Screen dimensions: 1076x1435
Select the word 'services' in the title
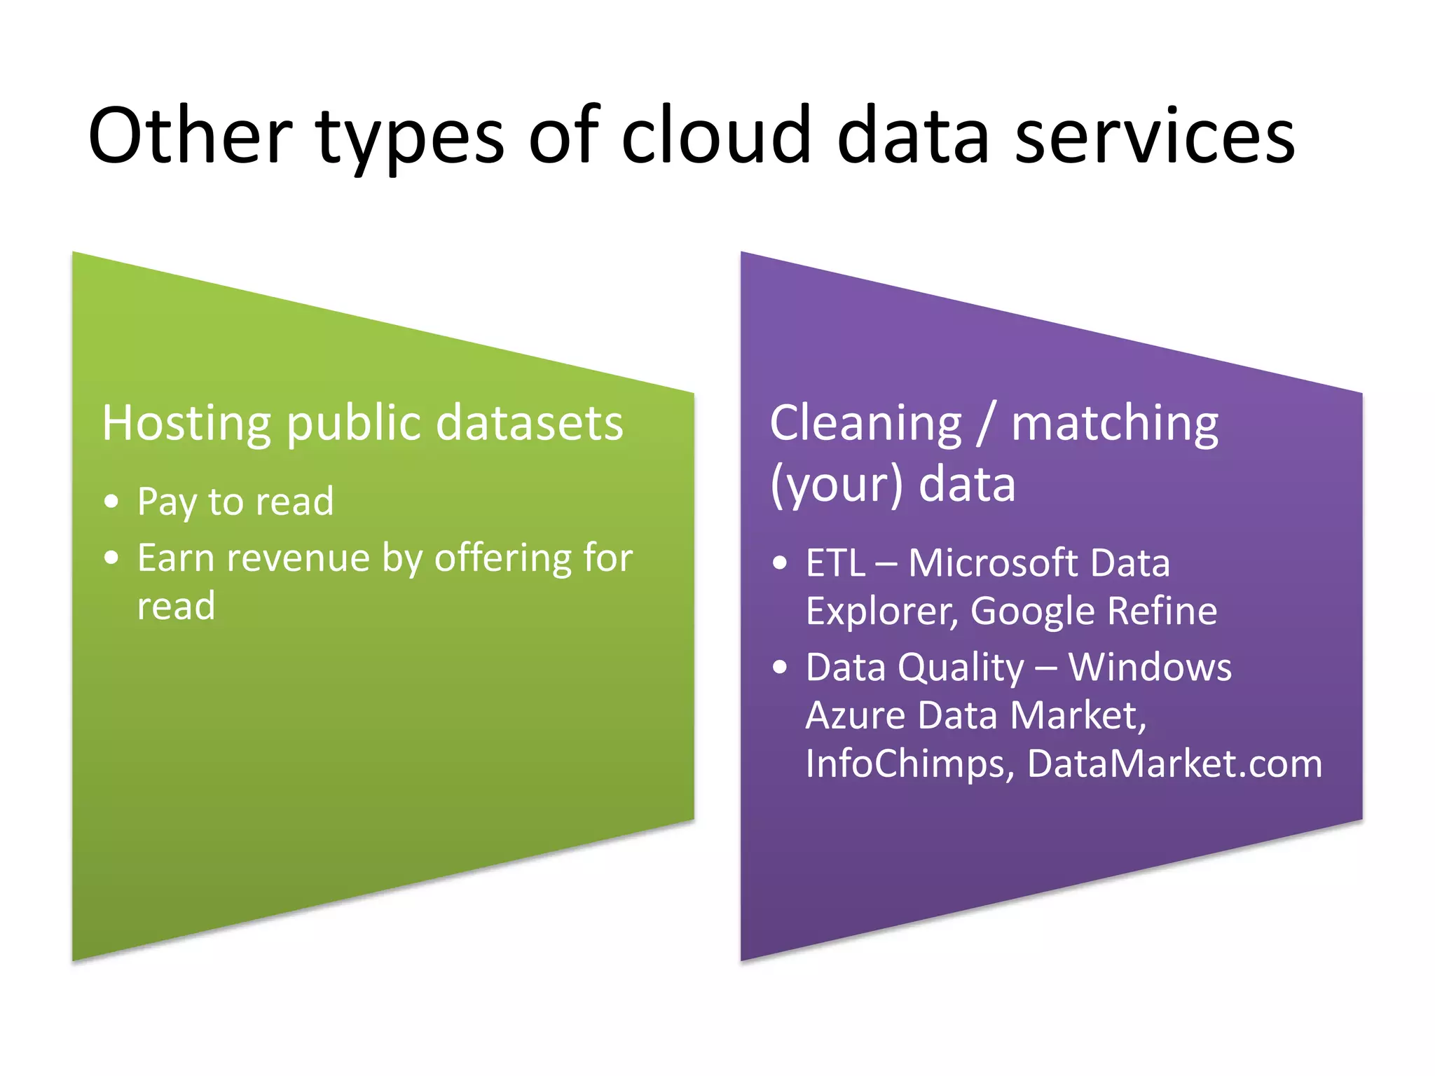pos(1155,137)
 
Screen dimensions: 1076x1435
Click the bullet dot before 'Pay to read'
pos(111,502)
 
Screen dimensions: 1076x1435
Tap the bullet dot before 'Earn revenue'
pos(111,558)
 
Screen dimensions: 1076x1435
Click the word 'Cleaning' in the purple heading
pos(866,424)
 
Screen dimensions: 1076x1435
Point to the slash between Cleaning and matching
pos(987,424)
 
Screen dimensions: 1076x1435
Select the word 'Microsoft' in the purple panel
pos(989,563)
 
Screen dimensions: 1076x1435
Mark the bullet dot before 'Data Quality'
pos(780,668)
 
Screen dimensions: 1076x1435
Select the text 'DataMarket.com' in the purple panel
pos(1174,764)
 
